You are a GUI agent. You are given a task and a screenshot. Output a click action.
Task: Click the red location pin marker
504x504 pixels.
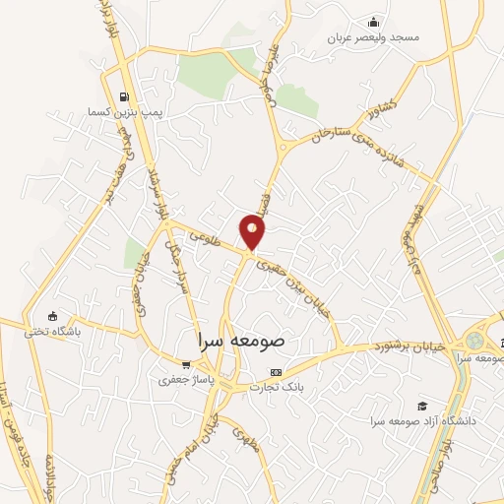tap(253, 230)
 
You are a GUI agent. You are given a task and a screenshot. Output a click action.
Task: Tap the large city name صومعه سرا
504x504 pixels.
tap(235, 338)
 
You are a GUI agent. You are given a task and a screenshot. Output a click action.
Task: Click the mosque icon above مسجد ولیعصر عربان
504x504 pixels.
tap(373, 22)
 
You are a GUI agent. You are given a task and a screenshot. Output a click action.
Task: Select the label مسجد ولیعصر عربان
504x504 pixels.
tap(375, 37)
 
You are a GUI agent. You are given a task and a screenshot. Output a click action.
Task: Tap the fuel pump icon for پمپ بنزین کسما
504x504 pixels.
tap(123, 96)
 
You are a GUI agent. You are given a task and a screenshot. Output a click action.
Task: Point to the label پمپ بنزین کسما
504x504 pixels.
tap(123, 111)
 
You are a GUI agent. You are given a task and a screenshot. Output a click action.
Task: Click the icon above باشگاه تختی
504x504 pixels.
tap(53, 317)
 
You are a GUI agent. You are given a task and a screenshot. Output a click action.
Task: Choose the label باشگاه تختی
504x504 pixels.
tap(53, 332)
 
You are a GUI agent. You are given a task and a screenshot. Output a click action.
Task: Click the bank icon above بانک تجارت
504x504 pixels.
tap(276, 372)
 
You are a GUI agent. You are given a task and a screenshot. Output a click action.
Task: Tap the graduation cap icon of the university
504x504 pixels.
tap(422, 406)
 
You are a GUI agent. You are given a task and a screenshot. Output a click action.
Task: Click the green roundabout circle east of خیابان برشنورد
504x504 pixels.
tap(476, 341)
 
